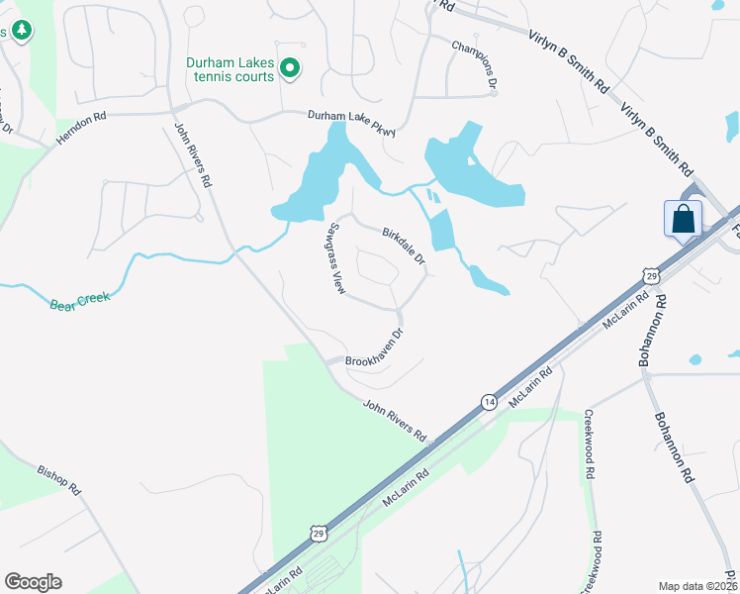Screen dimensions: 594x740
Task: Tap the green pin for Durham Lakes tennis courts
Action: coord(290,68)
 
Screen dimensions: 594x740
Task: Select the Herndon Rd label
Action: coord(80,129)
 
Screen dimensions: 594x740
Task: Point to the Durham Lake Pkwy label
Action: coord(350,118)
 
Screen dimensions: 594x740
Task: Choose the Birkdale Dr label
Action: coord(403,246)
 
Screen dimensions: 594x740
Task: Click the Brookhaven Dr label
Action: coord(375,346)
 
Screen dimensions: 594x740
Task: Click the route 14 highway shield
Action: coord(489,401)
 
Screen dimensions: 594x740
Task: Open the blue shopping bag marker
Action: coord(683,219)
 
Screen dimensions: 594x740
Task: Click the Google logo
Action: coord(33,582)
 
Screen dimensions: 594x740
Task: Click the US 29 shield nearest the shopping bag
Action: coord(650,271)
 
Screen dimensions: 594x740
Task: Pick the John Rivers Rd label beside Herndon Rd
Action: coord(193,155)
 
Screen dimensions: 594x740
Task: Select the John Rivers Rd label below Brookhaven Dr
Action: coord(394,420)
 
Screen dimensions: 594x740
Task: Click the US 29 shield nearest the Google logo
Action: coord(319,534)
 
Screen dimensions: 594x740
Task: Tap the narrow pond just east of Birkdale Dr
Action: coord(440,230)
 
